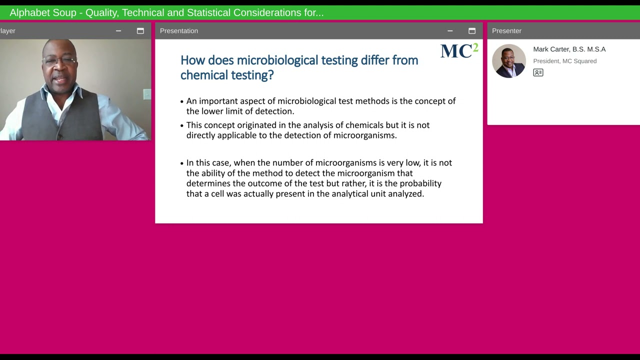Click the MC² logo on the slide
(x=459, y=51)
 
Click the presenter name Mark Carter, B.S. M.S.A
(x=569, y=49)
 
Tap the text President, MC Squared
(x=564, y=61)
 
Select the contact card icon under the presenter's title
(x=538, y=72)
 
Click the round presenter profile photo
(x=509, y=61)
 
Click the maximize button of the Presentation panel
(x=471, y=31)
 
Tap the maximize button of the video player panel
(x=140, y=31)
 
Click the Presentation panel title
(x=179, y=31)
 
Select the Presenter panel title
(x=506, y=31)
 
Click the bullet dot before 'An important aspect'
(x=182, y=101)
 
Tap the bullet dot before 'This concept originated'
(x=182, y=125)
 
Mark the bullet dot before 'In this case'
(x=182, y=163)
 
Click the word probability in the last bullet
(x=420, y=183)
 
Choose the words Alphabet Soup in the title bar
(x=42, y=12)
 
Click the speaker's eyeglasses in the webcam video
(x=59, y=60)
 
